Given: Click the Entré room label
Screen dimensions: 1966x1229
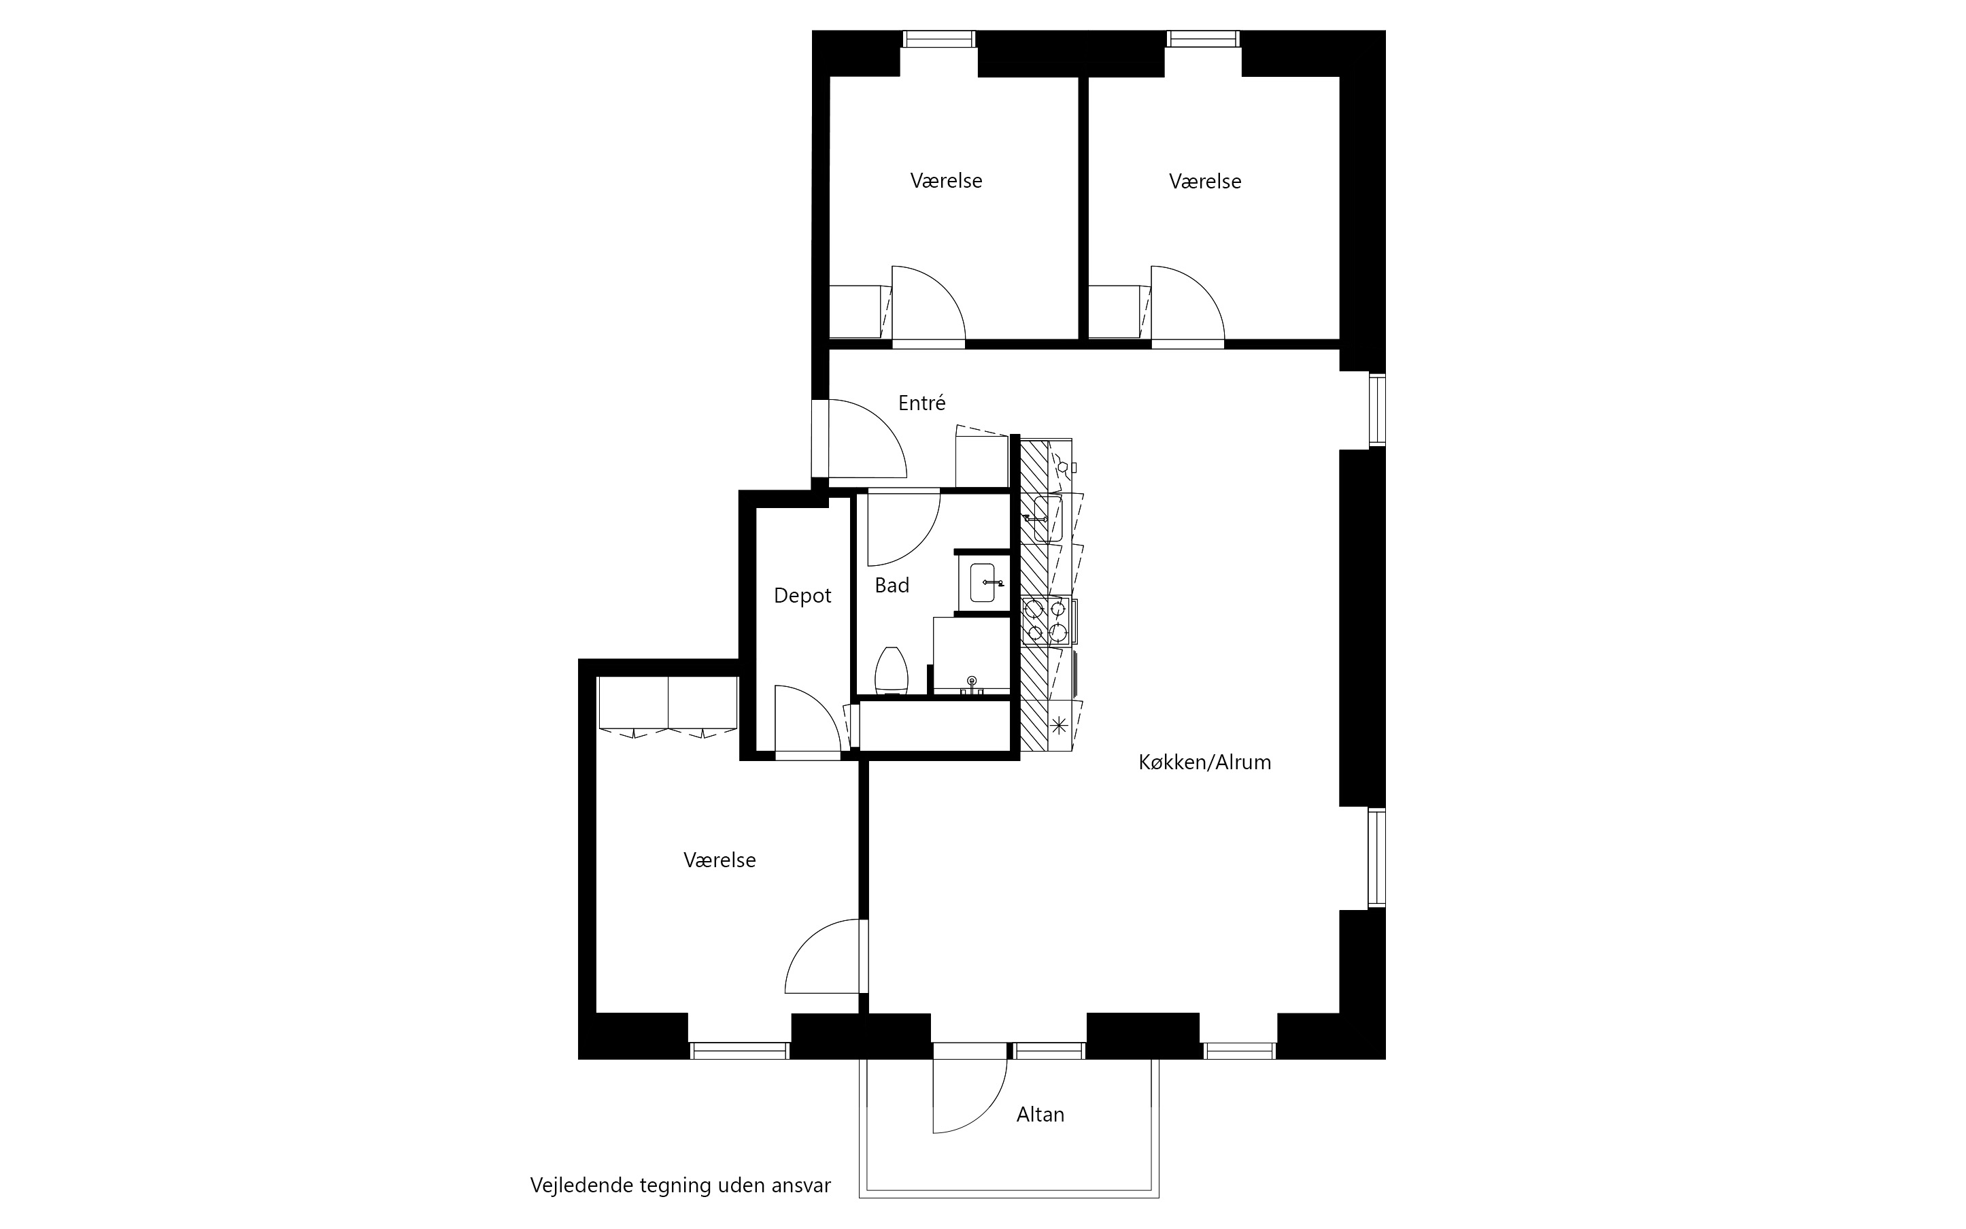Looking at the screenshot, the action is coord(921,403).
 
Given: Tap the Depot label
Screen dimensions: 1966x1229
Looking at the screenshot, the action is coord(802,596).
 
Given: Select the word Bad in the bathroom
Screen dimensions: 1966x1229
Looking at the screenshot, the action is coord(892,585).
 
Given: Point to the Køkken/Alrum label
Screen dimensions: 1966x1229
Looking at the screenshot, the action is coord(1204,762).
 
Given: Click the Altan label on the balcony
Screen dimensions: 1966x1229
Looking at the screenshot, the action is coord(1040,1114).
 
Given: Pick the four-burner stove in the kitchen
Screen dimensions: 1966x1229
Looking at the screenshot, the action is coord(1046,620).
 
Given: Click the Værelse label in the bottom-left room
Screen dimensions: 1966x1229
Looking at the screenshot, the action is coord(719,860).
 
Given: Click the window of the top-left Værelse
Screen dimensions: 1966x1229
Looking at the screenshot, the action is coord(938,39).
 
